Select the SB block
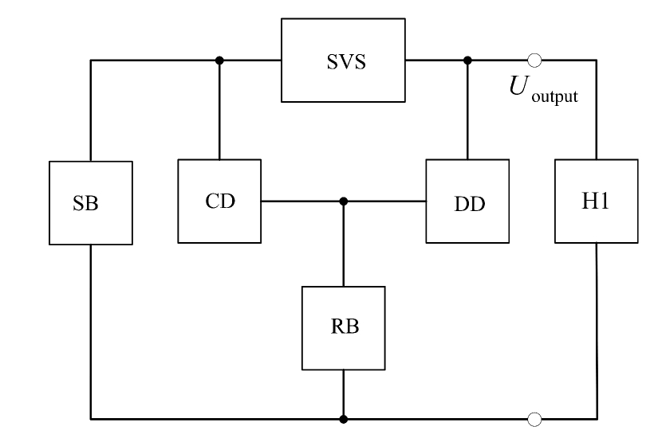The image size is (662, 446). pos(90,203)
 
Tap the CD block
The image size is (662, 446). pos(219,201)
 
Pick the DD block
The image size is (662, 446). pos(467,201)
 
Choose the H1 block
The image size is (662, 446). pos(596,201)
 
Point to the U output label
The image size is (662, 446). pos(543,89)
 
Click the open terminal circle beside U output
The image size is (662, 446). pos(535,60)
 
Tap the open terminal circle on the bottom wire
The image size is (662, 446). pos(535,417)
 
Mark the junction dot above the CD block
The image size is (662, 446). pos(219,60)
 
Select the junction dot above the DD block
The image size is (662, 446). pos(467,60)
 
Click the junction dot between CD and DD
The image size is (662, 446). pos(343,201)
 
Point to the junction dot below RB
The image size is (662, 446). pos(343,417)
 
